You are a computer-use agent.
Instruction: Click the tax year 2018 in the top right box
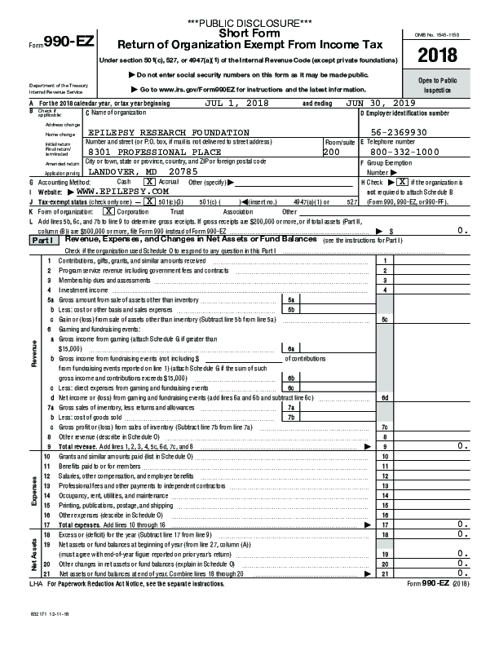point(439,56)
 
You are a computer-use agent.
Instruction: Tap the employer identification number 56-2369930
point(408,132)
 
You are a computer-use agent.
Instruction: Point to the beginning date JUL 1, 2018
point(236,104)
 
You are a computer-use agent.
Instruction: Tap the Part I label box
point(44,241)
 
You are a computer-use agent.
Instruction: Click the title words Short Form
point(249,33)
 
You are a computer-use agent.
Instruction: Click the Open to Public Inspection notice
point(439,85)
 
